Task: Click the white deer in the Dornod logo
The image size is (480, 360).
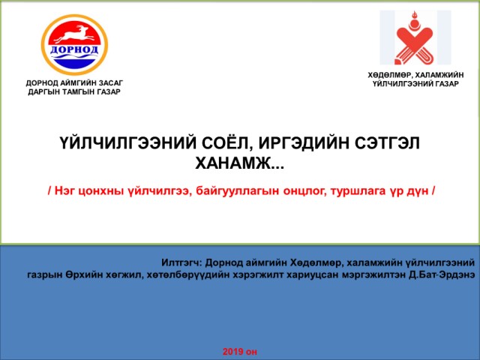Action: (73, 34)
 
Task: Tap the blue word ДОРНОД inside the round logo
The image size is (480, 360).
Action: (74, 50)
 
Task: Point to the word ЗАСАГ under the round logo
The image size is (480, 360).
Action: (110, 83)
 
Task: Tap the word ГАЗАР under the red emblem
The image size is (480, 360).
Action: (445, 84)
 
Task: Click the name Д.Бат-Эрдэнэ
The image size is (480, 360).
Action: (442, 274)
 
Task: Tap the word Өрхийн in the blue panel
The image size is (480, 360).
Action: (84, 274)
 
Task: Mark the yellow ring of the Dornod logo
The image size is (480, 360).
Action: (43, 45)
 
